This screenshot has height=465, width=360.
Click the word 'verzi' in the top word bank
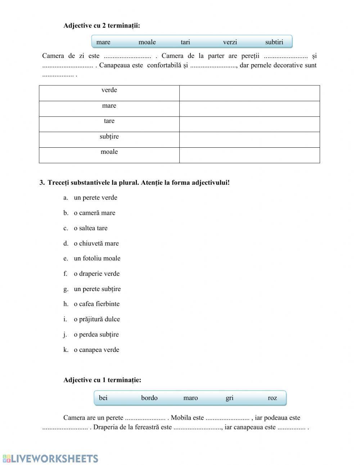[x=230, y=42]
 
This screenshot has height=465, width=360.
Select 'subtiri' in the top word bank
[x=274, y=42]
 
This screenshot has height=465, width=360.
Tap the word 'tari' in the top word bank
[x=185, y=42]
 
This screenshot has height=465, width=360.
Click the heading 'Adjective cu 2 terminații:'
[x=102, y=26]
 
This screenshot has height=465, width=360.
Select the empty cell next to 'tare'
[x=249, y=124]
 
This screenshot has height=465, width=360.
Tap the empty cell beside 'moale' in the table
[x=249, y=155]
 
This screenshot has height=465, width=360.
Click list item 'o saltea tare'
[x=90, y=228]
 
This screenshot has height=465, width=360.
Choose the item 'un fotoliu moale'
[x=97, y=258]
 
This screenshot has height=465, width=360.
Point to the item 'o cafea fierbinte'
[x=96, y=304]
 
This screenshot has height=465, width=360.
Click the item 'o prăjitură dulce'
[x=96, y=319]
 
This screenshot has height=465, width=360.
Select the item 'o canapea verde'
[x=96, y=350]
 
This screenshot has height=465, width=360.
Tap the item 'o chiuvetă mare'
[x=96, y=243]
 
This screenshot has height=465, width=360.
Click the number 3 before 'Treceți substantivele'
[x=42, y=183]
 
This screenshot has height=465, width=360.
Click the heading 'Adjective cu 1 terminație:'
[x=102, y=380]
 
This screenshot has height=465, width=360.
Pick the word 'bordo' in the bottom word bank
[x=149, y=398]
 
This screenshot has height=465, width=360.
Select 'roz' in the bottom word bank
[x=272, y=398]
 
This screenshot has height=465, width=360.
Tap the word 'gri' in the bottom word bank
[x=229, y=398]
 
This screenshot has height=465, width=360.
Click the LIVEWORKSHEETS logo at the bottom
[x=50, y=458]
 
